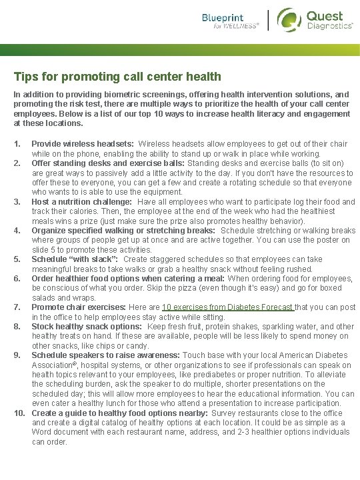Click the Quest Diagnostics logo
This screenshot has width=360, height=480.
tap(315, 19)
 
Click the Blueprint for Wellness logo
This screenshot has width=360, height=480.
tap(231, 21)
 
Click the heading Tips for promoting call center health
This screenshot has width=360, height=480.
tap(117, 77)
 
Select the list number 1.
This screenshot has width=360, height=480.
tap(18, 144)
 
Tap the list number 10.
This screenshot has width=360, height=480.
tap(20, 413)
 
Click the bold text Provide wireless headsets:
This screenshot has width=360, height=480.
tap(83, 144)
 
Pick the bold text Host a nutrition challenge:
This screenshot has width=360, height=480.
tap(84, 202)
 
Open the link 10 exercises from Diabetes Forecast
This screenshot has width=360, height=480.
tap(227, 307)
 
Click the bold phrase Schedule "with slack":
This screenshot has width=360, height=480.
tap(75, 259)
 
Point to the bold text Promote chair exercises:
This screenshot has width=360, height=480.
tap(79, 307)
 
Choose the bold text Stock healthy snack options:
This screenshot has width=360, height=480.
tap(87, 327)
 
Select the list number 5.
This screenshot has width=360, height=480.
tap(18, 259)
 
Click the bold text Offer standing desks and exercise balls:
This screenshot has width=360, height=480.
tap(108, 163)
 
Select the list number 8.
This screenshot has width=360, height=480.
tap(18, 327)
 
